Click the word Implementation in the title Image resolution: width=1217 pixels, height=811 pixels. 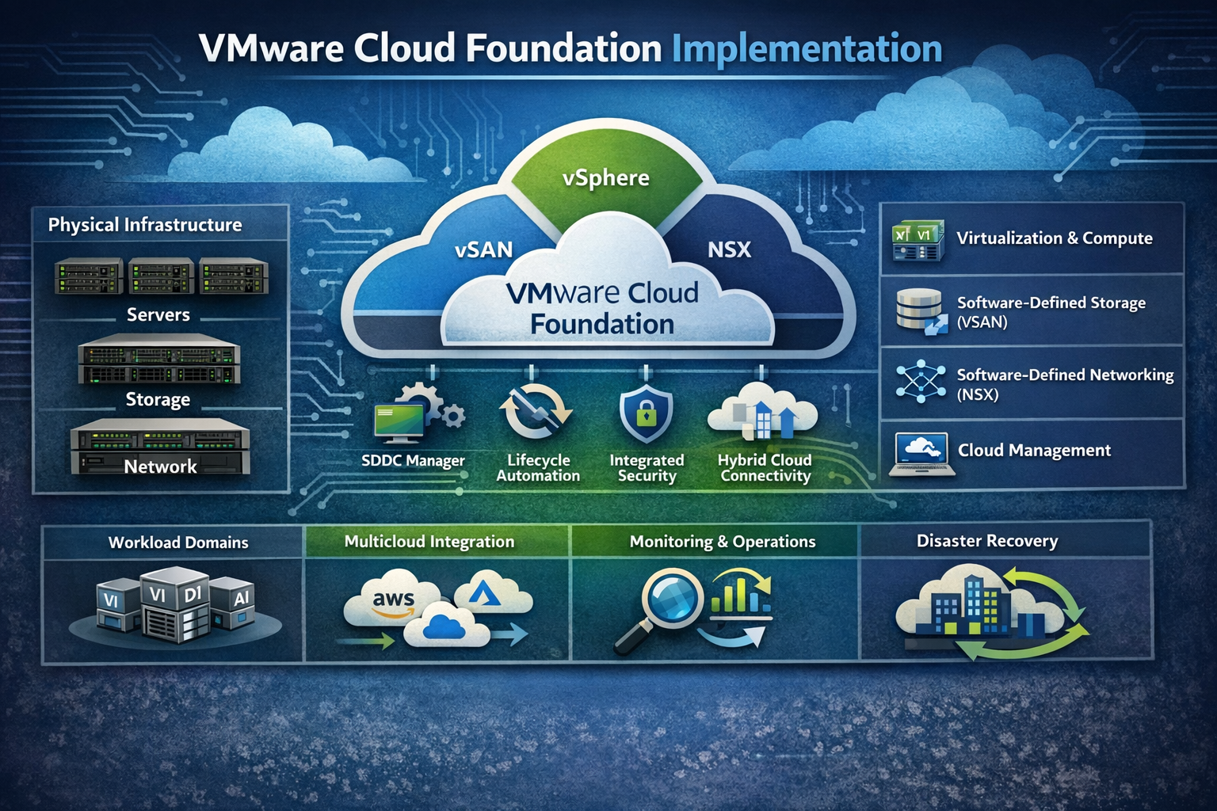(x=807, y=49)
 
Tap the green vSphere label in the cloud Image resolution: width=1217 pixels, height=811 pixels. (x=606, y=178)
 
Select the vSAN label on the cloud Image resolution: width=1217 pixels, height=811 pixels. (x=483, y=249)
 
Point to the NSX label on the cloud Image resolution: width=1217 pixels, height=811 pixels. (x=729, y=249)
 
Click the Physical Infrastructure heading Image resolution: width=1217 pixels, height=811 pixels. (x=145, y=225)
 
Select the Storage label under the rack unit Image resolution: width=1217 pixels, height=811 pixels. (x=158, y=399)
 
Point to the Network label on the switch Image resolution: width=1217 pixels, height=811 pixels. (x=160, y=466)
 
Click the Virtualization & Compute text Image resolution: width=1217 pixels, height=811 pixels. (x=1054, y=238)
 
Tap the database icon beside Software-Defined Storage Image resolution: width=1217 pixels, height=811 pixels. (x=920, y=310)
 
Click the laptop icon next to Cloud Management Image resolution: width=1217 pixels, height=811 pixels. (x=921, y=453)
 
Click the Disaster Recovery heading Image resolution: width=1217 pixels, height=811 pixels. (x=987, y=541)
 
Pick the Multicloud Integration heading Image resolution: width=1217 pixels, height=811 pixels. (x=429, y=542)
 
